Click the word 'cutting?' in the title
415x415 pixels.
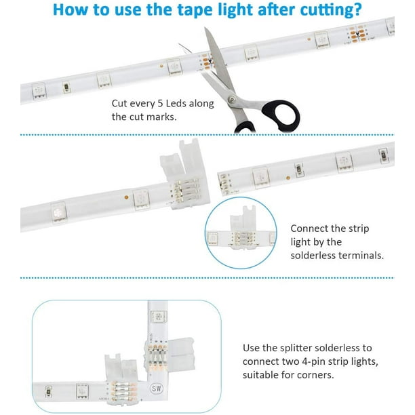pos(331,10)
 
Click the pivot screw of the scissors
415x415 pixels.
pos(232,100)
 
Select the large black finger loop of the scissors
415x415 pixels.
pos(281,115)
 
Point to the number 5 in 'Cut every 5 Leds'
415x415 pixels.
pos(160,104)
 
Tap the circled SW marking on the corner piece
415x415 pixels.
pos(157,389)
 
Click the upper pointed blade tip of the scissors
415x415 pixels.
pos(205,28)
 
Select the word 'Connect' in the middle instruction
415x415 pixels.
pos(307,229)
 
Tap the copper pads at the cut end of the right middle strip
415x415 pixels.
pos(224,182)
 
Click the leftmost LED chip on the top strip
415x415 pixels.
pos(39,91)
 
